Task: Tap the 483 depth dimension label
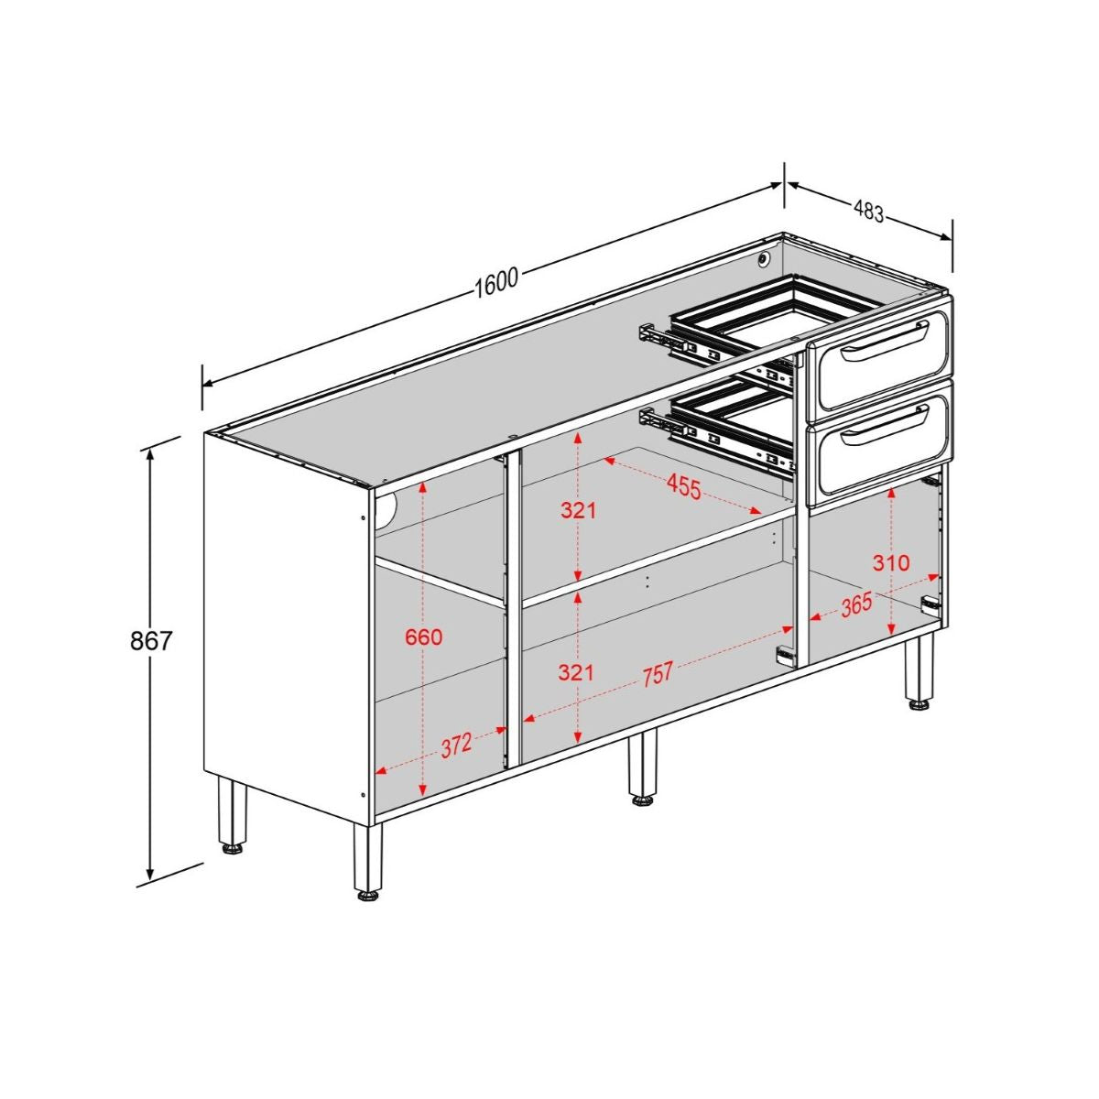868,212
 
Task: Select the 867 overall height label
151,640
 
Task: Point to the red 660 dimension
423,637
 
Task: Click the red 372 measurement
456,745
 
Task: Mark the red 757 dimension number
657,675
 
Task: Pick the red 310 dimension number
890,562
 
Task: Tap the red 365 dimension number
855,605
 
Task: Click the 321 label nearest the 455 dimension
578,510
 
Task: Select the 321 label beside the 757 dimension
577,673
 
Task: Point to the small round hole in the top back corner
763,259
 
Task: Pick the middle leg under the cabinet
643,767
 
